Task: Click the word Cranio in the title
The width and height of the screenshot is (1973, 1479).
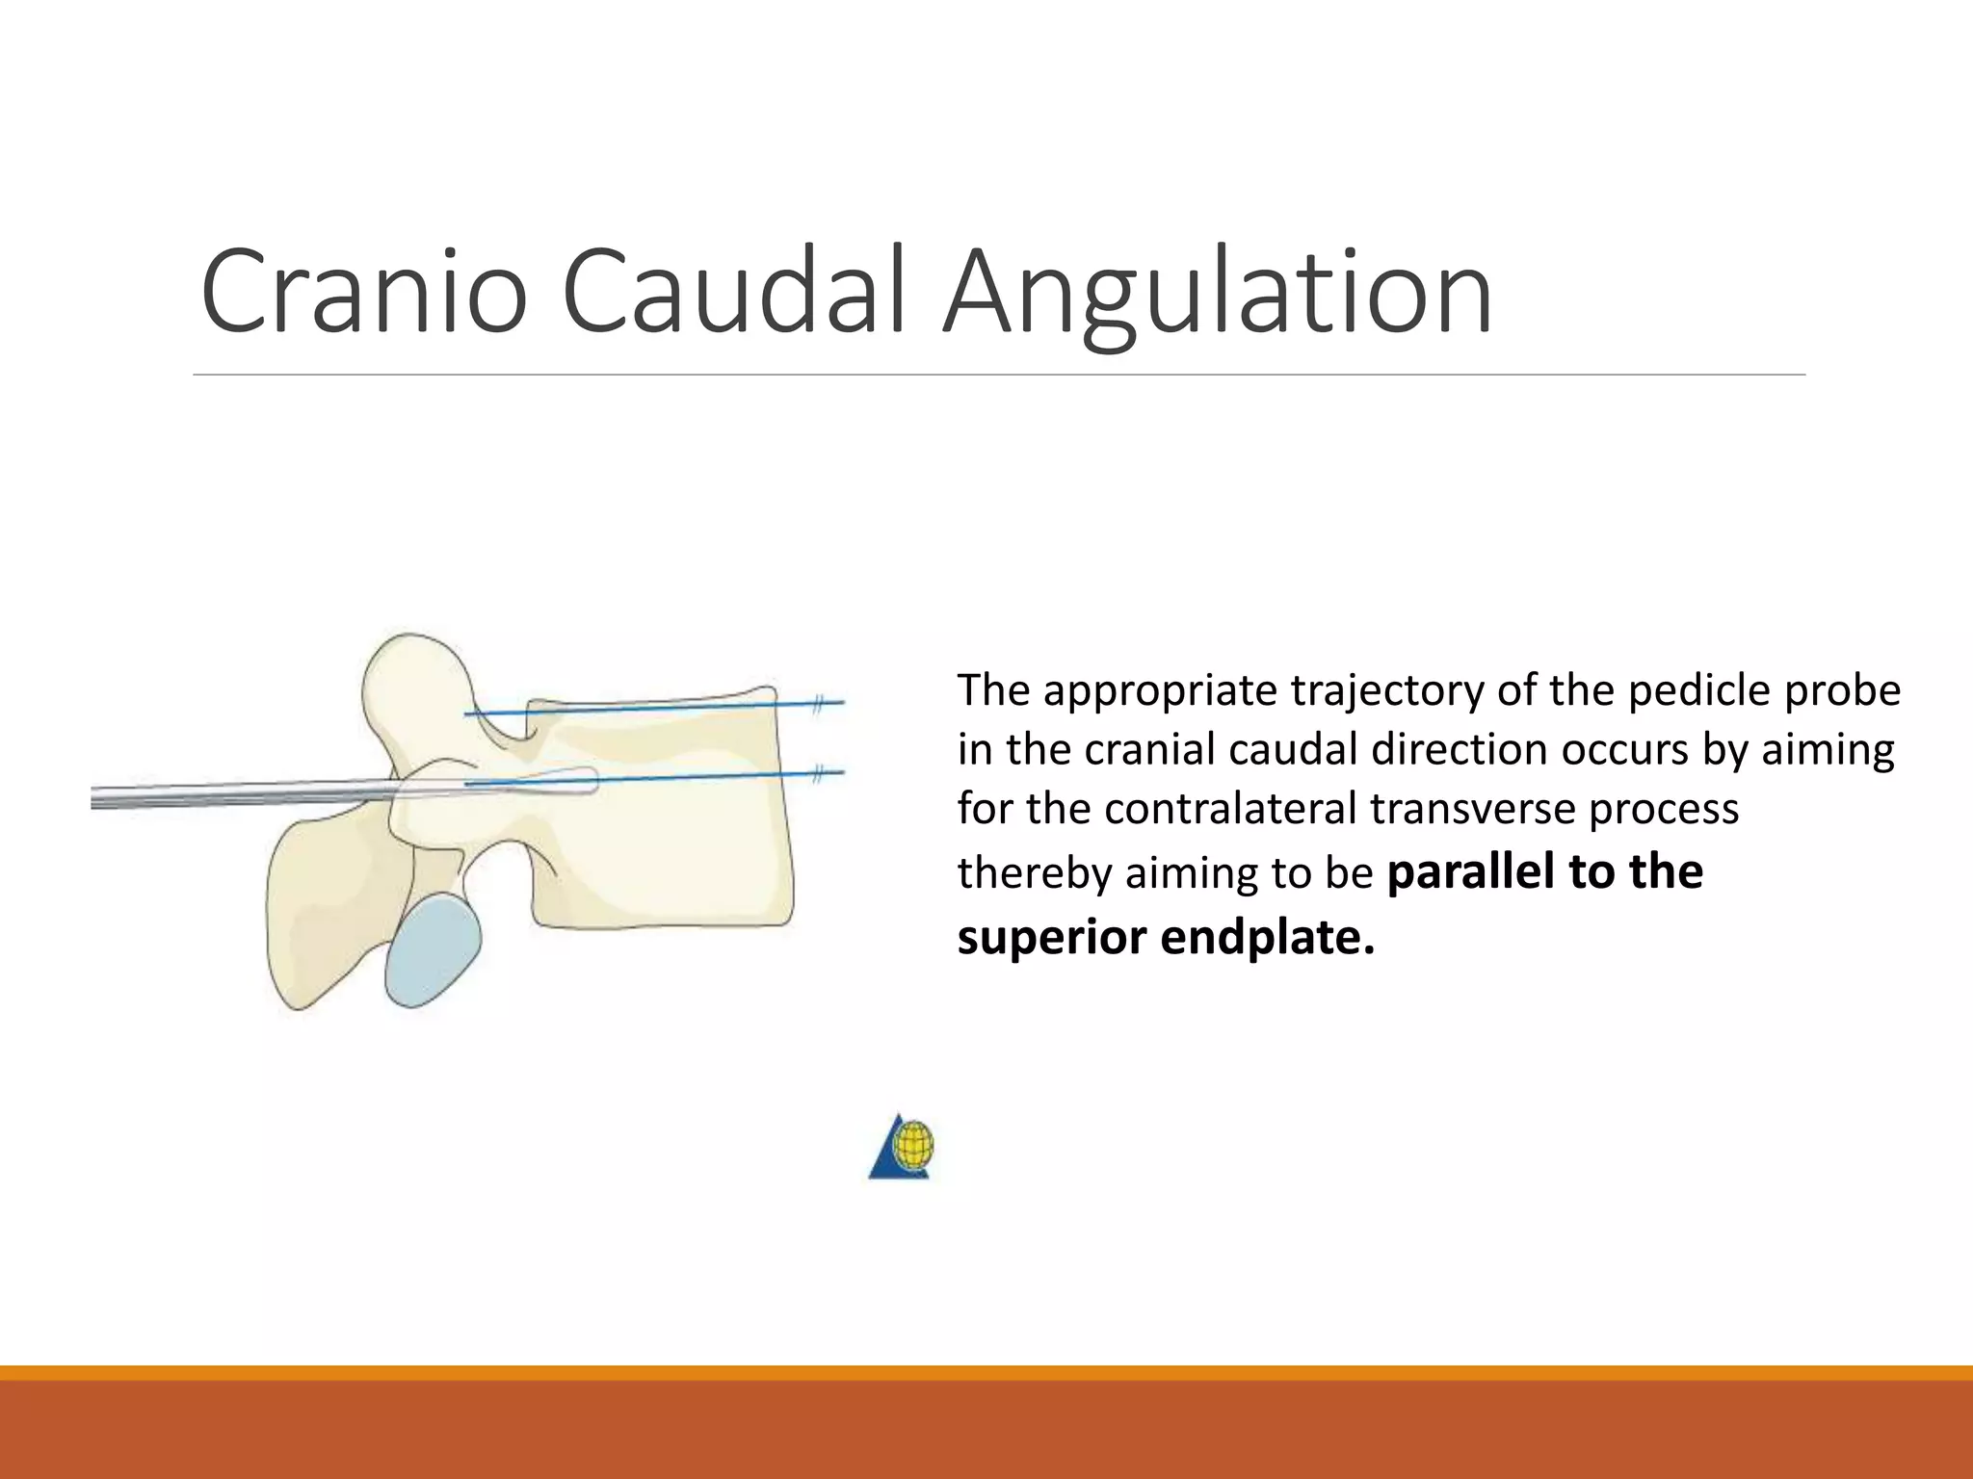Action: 364,292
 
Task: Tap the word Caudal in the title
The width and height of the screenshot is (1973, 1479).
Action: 734,292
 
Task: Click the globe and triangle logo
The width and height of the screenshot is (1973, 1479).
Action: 904,1148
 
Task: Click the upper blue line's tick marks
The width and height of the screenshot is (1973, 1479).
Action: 818,705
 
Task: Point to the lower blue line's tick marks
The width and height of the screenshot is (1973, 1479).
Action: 818,773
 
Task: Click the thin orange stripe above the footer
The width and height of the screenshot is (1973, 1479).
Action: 986,1373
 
